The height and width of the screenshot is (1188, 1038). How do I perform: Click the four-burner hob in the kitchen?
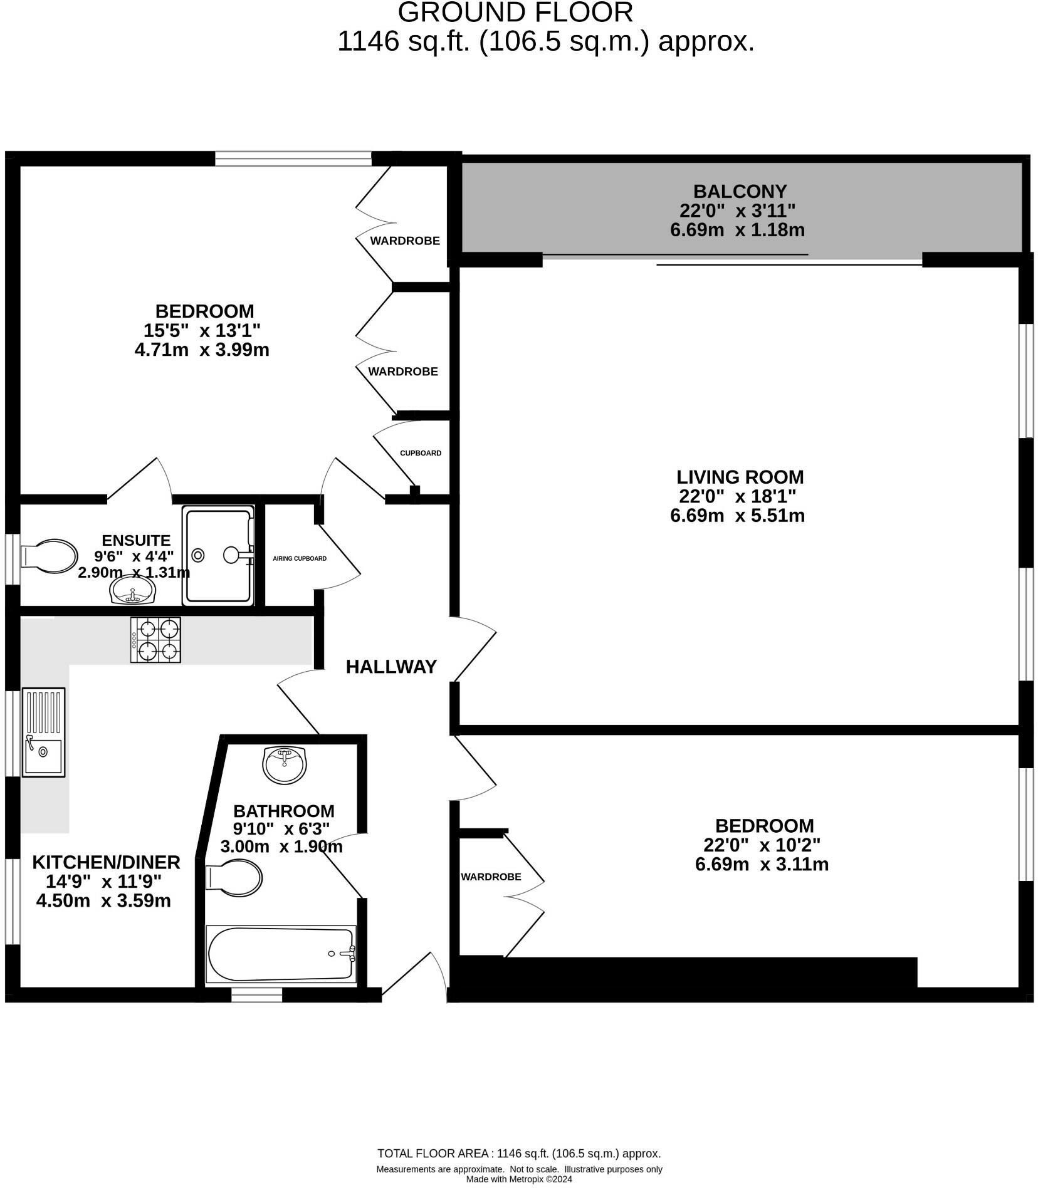tap(155, 640)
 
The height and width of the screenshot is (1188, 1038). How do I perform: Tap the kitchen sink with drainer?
tap(44, 732)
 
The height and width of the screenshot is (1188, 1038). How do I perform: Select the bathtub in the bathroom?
tap(281, 954)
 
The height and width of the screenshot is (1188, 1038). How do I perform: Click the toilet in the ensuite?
tap(49, 556)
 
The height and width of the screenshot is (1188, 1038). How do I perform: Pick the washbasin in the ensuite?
tap(132, 590)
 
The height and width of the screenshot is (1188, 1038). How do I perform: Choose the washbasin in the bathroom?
tap(285, 764)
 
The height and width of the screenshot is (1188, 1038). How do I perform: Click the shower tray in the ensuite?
tap(219, 556)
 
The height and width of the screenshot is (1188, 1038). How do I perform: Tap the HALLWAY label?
tap(391, 667)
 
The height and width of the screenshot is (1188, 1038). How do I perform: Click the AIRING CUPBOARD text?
tap(300, 558)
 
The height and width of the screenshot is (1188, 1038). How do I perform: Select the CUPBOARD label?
tap(421, 453)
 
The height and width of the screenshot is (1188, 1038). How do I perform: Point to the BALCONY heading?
tap(740, 191)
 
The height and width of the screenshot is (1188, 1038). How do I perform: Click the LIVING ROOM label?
tap(740, 477)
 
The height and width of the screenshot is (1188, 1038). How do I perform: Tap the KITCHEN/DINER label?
tap(106, 862)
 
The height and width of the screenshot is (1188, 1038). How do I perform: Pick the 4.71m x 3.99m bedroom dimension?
tap(202, 350)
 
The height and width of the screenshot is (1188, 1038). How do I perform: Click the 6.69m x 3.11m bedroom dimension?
tap(762, 865)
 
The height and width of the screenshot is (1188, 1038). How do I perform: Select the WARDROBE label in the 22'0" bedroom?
tap(491, 877)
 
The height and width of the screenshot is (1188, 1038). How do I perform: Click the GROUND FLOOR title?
tap(515, 13)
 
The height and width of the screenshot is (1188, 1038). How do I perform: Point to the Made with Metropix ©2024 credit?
tap(519, 1179)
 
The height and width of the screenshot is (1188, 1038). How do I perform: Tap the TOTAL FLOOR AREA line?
tap(519, 1154)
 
